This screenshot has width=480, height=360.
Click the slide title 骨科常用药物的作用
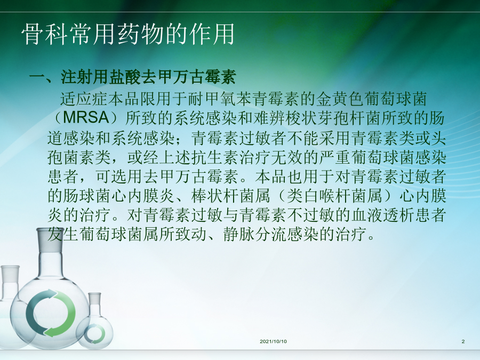point(128,34)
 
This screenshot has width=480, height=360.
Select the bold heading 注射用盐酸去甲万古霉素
point(148,77)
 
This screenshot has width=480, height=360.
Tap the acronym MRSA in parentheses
point(86,117)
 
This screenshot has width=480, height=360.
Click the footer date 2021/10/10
point(273,341)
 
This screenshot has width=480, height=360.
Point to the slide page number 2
point(463,341)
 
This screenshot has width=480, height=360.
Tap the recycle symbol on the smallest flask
point(94,334)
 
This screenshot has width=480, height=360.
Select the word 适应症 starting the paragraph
point(84,99)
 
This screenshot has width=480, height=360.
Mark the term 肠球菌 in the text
point(87,196)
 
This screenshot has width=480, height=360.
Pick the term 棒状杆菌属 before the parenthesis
point(231,196)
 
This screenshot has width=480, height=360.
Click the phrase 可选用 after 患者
point(119,177)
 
